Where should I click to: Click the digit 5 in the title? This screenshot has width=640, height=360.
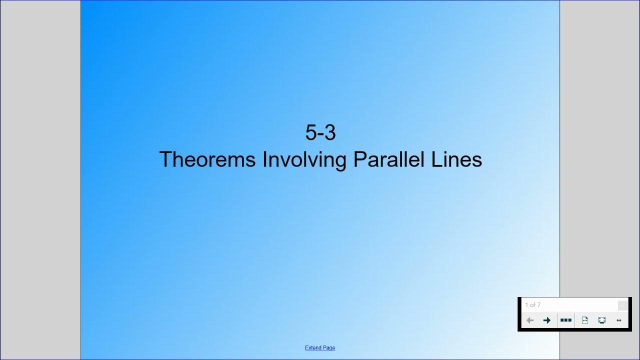pos(311,133)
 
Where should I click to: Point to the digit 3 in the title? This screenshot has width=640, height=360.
pos(329,133)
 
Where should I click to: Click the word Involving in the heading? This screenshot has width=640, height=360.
pos(305,160)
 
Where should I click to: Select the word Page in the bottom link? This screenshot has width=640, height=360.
pos(329,348)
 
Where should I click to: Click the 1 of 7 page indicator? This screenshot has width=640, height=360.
pos(532,305)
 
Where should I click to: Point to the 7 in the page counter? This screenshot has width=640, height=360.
pos(538,305)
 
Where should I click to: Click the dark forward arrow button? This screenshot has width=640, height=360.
pos(546,320)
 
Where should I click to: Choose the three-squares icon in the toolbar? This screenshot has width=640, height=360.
pos(566,320)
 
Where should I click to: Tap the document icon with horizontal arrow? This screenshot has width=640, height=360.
pos(585,320)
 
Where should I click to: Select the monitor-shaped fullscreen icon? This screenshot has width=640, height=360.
pos(602,320)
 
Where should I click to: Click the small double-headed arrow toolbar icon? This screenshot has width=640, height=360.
pos(619,320)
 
